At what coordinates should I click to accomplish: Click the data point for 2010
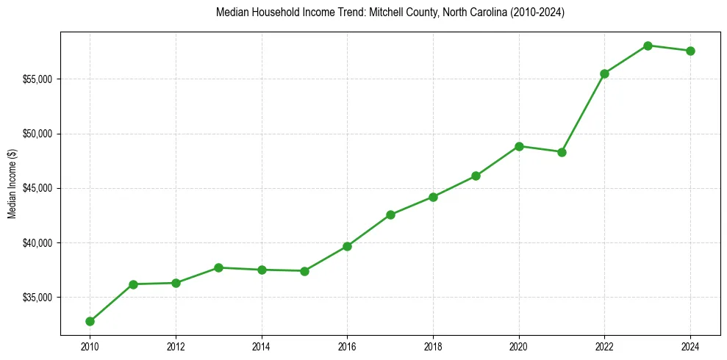click(x=90, y=321)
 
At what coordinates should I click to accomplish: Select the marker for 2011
click(x=133, y=284)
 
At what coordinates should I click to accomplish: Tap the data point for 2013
click(x=218, y=267)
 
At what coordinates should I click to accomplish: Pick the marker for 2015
click(x=304, y=271)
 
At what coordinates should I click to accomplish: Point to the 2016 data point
click(x=347, y=246)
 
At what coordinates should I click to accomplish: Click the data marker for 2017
click(x=390, y=215)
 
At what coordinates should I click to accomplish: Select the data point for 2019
click(x=476, y=176)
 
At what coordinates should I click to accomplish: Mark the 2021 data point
click(x=562, y=152)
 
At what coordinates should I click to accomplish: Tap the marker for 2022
click(x=604, y=73)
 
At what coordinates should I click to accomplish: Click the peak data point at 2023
click(x=648, y=46)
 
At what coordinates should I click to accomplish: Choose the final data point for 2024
click(x=690, y=51)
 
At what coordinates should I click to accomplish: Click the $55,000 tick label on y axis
click(x=37, y=79)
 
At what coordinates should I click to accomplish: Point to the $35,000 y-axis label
click(x=37, y=298)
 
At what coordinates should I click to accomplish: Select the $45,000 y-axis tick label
click(x=37, y=188)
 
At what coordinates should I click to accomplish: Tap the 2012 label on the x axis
click(x=176, y=346)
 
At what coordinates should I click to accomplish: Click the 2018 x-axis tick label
click(x=433, y=346)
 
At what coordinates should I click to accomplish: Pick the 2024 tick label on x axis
click(x=690, y=346)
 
